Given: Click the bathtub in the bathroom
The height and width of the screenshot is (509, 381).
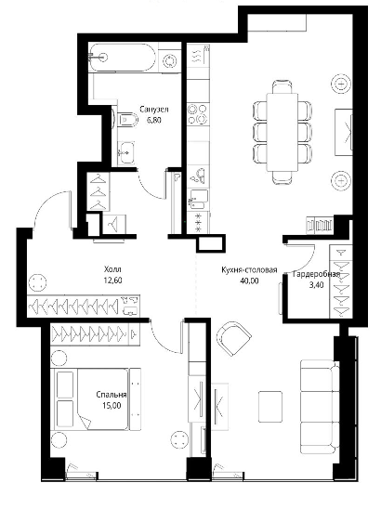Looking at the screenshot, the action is click(x=122, y=58).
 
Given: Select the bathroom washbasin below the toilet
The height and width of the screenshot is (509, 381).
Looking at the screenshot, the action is click(x=126, y=152).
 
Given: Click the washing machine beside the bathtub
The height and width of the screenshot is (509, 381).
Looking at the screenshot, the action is click(x=169, y=61).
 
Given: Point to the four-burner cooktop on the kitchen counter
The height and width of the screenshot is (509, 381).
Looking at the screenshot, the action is click(x=198, y=114).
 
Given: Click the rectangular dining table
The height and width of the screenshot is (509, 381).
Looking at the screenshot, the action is click(x=282, y=132).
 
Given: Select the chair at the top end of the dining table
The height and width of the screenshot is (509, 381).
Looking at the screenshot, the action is click(x=282, y=86).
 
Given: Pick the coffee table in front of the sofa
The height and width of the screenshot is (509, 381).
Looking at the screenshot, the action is click(x=270, y=407).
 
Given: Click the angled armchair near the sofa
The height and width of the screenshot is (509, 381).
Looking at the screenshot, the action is click(x=233, y=338).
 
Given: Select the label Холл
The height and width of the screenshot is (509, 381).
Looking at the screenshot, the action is click(x=112, y=269).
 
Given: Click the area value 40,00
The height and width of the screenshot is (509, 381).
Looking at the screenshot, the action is click(x=249, y=281).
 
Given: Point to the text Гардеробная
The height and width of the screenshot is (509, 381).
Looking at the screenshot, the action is click(x=316, y=274).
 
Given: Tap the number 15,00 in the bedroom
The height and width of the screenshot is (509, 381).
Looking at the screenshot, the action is click(x=112, y=406).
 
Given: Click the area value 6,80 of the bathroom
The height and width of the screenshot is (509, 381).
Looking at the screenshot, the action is click(x=154, y=120).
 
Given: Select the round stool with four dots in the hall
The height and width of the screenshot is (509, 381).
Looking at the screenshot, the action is click(x=38, y=282).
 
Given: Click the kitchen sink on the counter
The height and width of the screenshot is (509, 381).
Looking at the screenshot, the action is click(x=198, y=176).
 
